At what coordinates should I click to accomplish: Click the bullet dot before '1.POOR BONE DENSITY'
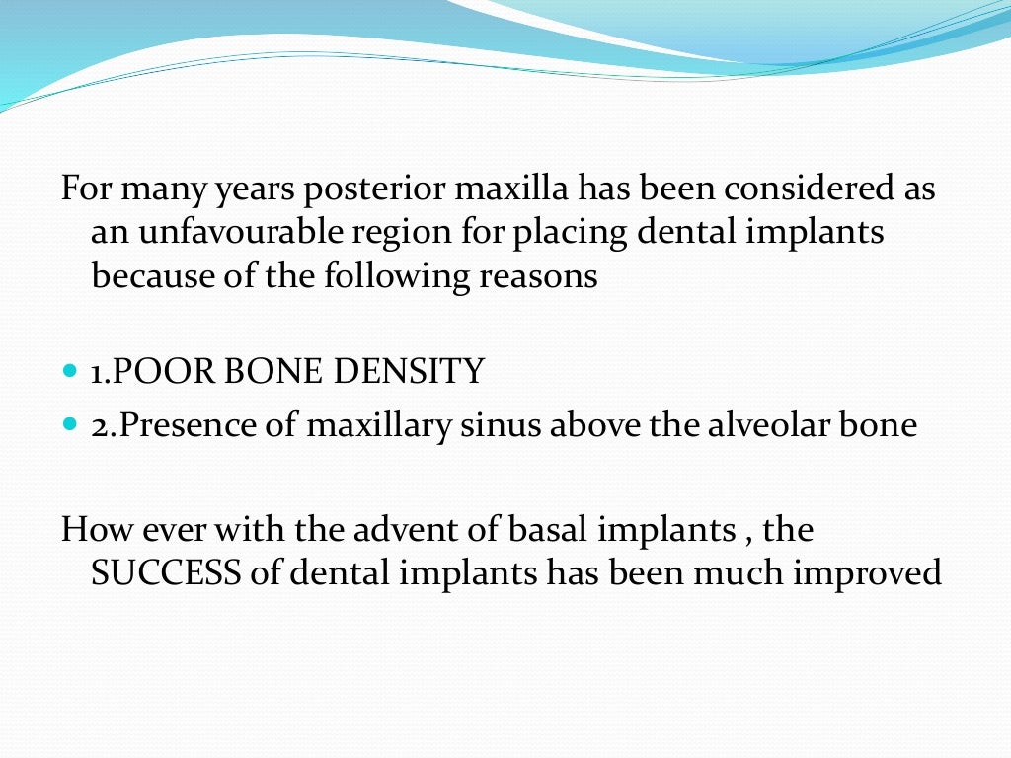tap(68, 373)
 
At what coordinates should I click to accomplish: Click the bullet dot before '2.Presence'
tap(68, 426)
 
